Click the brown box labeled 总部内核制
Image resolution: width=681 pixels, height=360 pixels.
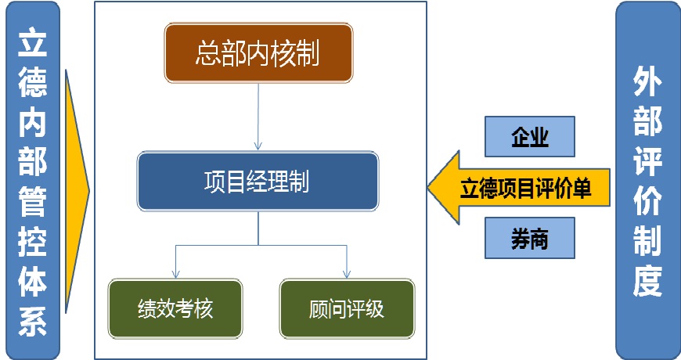258,53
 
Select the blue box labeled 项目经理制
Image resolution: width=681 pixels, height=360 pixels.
258,182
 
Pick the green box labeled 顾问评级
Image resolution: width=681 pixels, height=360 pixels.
347,308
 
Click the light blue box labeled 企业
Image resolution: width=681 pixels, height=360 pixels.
530,136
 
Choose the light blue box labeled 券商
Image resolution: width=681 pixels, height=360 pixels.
530,237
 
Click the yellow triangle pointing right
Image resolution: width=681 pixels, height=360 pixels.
77,188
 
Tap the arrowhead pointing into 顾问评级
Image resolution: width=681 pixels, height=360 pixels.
347,274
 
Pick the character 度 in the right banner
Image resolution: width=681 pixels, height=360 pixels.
647,282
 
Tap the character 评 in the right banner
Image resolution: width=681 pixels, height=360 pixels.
647,164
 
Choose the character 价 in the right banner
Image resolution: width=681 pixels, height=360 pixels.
647,203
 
